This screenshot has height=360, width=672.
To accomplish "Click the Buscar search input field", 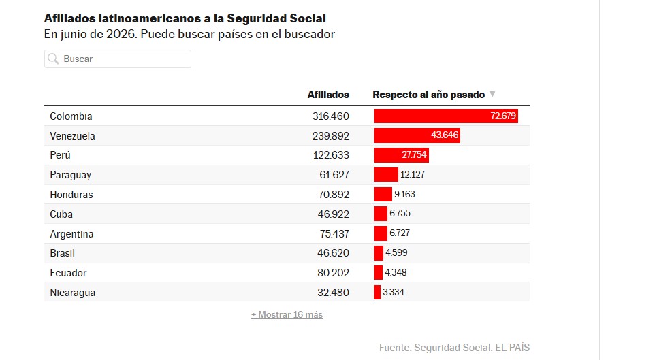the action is click(x=117, y=59).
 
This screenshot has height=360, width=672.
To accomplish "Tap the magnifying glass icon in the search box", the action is click(x=53, y=59).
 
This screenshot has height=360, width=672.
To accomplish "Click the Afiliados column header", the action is click(x=328, y=95).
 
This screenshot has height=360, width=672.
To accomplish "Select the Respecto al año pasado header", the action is click(x=428, y=95).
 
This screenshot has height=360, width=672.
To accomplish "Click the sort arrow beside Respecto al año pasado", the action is click(x=492, y=94).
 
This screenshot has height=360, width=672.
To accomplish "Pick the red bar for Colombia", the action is click(x=446, y=116).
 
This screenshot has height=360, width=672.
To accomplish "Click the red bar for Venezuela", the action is click(x=417, y=135).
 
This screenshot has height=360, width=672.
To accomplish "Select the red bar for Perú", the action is click(x=401, y=155).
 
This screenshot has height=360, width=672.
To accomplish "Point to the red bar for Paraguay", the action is click(x=386, y=174).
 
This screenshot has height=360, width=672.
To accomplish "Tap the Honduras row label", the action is click(x=71, y=195).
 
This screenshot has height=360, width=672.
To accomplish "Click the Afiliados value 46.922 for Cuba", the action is click(x=334, y=214).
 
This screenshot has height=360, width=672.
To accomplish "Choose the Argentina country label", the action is click(x=71, y=234).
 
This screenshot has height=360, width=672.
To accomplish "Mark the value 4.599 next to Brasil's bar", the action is click(x=396, y=253).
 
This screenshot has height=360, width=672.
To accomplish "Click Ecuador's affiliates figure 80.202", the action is click(x=334, y=273).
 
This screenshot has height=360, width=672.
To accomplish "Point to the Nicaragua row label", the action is click(x=72, y=293).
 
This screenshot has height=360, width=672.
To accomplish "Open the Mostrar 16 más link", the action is click(x=287, y=314).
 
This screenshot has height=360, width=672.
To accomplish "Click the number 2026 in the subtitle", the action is click(x=122, y=34).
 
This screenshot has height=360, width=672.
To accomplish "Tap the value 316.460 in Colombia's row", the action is click(x=331, y=116).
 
